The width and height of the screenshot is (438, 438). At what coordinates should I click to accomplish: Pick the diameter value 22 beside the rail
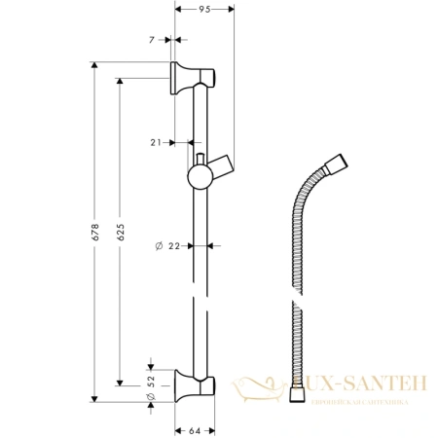[174, 245]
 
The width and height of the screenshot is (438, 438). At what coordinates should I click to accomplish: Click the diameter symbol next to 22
[159, 245]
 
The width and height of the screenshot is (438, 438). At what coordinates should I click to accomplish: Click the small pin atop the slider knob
[200, 157]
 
